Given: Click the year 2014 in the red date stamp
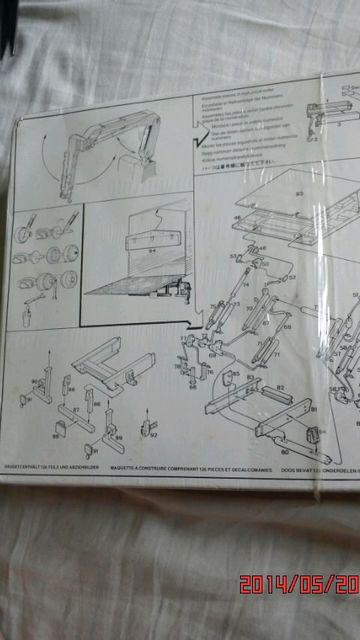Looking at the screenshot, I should click(x=266, y=611).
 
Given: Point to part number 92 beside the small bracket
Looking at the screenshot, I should click(x=154, y=434).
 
